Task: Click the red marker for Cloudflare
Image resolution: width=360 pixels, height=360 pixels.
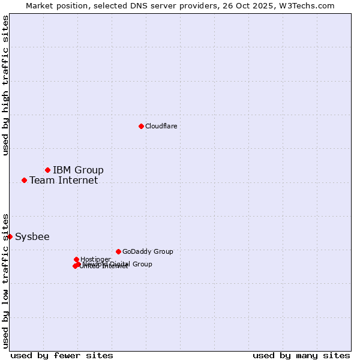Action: point(141,126)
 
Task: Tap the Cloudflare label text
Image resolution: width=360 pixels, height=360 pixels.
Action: point(161,126)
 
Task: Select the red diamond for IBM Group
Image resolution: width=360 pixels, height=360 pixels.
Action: point(47,170)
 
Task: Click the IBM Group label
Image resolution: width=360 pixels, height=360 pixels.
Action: point(78,170)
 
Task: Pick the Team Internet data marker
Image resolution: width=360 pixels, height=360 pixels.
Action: point(24,180)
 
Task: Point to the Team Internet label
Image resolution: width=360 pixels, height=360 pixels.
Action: point(64,180)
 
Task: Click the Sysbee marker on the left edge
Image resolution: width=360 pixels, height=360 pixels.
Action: point(10,236)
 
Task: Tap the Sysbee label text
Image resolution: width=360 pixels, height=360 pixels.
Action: point(32,236)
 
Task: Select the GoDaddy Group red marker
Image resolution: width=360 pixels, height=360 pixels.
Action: point(118,251)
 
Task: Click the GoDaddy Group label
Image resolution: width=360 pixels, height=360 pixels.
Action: point(148,251)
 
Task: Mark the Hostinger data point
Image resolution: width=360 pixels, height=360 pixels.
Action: point(76,259)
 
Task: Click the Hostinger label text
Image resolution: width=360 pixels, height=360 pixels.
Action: point(95,259)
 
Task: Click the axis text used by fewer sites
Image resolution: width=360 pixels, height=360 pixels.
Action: point(62,355)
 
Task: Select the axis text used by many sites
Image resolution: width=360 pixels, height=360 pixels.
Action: point(301,355)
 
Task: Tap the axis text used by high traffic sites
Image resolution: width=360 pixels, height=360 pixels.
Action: point(5,85)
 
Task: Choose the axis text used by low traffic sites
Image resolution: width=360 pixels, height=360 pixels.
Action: point(5,280)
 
